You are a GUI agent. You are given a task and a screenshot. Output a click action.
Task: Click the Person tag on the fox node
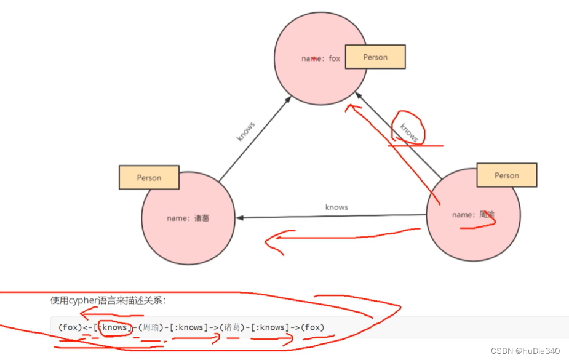click(375, 57)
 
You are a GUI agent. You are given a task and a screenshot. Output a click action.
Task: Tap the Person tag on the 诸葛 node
click(149, 177)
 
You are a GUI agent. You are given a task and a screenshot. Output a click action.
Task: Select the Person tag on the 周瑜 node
click(506, 175)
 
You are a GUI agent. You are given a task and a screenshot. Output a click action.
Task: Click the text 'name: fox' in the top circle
click(320, 58)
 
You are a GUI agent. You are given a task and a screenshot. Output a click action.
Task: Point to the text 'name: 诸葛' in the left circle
click(188, 218)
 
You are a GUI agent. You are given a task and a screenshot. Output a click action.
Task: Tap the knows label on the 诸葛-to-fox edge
click(246, 132)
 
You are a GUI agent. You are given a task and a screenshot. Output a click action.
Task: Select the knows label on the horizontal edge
click(336, 207)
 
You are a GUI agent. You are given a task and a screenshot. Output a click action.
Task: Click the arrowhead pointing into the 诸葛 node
click(241, 217)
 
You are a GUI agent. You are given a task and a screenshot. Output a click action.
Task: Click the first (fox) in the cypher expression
click(70, 327)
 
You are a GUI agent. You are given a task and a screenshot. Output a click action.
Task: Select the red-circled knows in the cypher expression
click(114, 327)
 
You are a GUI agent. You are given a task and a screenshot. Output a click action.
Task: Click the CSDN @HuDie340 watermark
click(525, 351)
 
